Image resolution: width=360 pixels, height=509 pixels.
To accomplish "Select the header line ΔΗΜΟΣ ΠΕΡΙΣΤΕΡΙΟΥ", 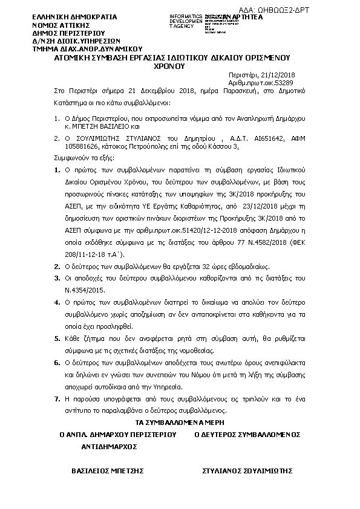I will (68, 33).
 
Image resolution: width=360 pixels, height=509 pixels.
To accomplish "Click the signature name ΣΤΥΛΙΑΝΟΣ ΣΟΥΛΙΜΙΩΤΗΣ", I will (247, 469).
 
